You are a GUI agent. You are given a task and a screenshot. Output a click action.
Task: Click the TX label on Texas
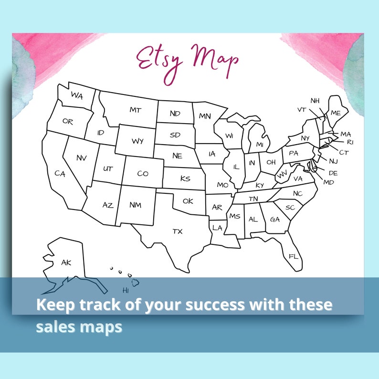[178, 232]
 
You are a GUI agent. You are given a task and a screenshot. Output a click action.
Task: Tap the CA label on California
[60, 174]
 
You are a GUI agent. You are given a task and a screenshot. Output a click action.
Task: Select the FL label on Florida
[293, 256]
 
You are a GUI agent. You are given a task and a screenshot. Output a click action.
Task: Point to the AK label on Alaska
[66, 262]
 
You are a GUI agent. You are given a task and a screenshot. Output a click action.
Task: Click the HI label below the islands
[126, 290]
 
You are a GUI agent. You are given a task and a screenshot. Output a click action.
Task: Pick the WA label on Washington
[77, 95]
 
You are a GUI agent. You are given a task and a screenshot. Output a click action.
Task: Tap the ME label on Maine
[336, 113]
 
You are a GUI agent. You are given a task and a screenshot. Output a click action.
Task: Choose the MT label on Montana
[136, 110]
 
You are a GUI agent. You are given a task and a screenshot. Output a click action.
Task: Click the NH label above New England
[315, 101]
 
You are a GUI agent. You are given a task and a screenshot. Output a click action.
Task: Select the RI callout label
[350, 142]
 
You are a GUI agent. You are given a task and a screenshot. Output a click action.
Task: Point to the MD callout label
[329, 182]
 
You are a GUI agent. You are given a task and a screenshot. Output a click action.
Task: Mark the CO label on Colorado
[143, 174]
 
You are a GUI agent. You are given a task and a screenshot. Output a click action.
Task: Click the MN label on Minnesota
[205, 116]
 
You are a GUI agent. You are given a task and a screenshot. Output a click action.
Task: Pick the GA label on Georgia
[275, 220]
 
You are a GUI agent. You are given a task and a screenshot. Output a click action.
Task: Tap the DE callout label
[333, 173]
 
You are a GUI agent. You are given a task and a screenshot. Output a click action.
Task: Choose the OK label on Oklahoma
[188, 201]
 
